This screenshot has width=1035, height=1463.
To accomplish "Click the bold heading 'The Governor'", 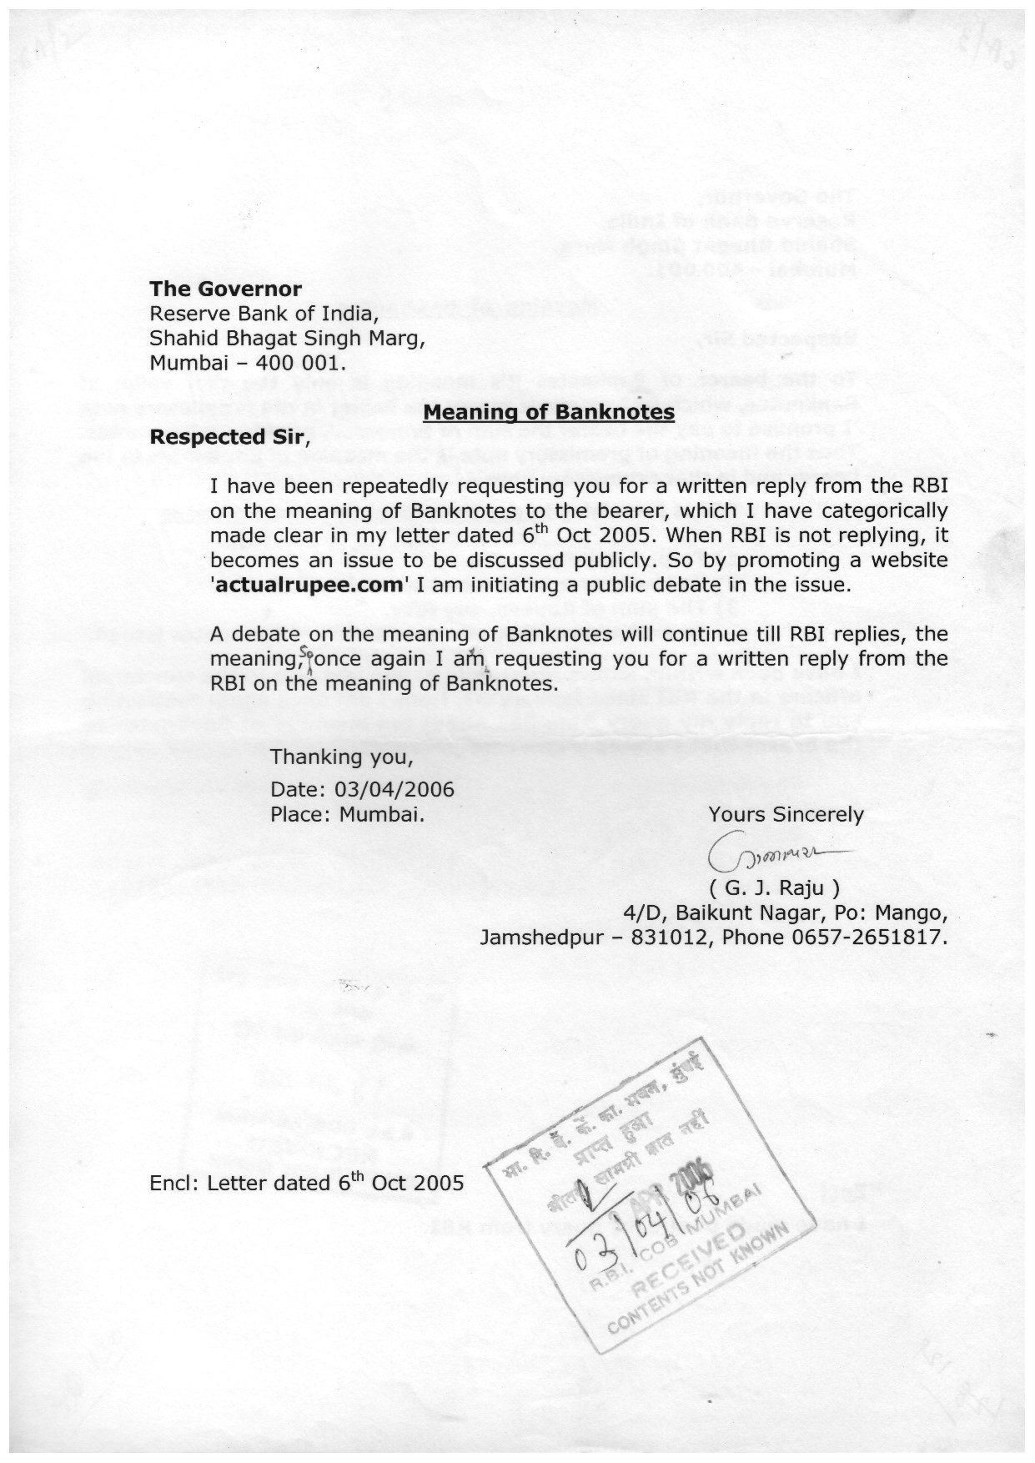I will (x=225, y=289).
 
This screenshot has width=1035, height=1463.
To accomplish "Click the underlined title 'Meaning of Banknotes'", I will (x=549, y=411).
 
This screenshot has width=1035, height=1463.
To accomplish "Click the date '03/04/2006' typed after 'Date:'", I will (x=394, y=789).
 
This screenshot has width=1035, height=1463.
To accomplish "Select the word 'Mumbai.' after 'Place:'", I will (x=382, y=814).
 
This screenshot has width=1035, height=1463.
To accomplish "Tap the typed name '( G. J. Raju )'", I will (x=774, y=887).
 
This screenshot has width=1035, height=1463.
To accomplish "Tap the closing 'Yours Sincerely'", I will (x=786, y=814).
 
